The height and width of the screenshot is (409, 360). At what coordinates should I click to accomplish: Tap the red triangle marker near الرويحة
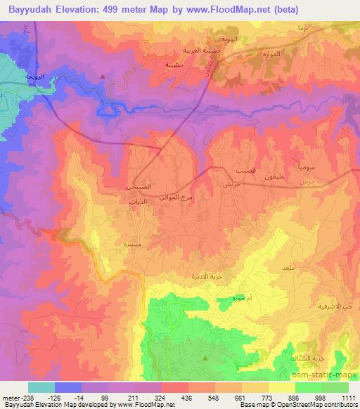(x=103, y=76)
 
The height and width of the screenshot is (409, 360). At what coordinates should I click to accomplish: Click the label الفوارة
(x=271, y=54)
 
